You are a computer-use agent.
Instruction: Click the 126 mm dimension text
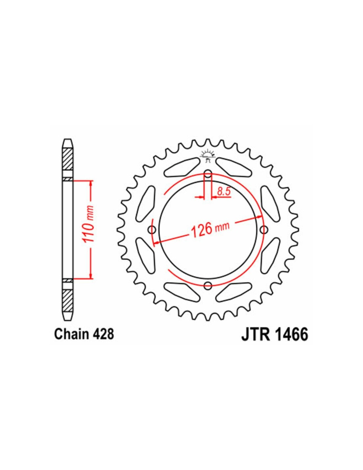210,230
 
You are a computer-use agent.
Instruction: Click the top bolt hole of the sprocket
208,174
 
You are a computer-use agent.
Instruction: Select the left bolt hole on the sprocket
152,229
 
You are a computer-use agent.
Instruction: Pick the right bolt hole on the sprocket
264,229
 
